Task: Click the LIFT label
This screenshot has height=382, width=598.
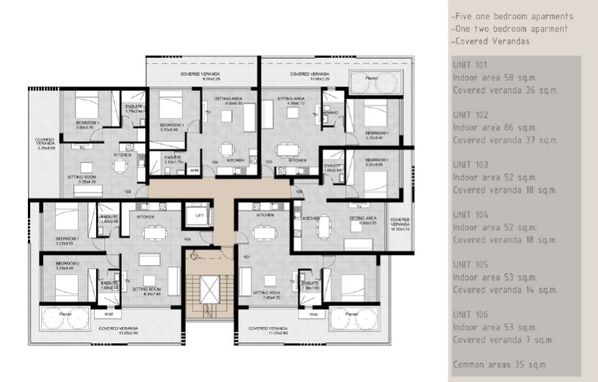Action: (197, 215)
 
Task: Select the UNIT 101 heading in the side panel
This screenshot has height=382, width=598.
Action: (470, 65)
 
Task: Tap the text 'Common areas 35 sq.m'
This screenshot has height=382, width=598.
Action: (500, 364)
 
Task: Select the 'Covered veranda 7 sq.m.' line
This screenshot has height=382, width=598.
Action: (502, 339)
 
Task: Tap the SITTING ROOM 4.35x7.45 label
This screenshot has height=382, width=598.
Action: (145, 292)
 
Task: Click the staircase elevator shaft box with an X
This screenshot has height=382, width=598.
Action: (197, 218)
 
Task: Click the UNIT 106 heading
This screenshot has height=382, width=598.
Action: (470, 314)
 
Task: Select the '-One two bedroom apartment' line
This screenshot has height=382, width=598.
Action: (510, 29)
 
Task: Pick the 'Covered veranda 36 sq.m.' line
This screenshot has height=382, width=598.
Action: (505, 90)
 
